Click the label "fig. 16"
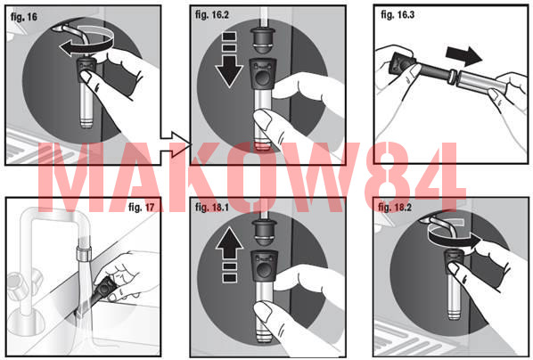coord(24,17)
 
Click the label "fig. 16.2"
coord(212,15)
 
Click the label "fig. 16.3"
coord(398,14)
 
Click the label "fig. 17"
coord(142,207)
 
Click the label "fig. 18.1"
coord(212,208)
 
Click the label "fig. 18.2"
coord(395,208)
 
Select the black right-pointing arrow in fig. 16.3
coord(463,55)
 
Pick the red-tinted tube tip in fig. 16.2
coord(262,145)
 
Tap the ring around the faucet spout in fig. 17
coord(83,252)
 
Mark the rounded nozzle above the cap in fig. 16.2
coord(262,40)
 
